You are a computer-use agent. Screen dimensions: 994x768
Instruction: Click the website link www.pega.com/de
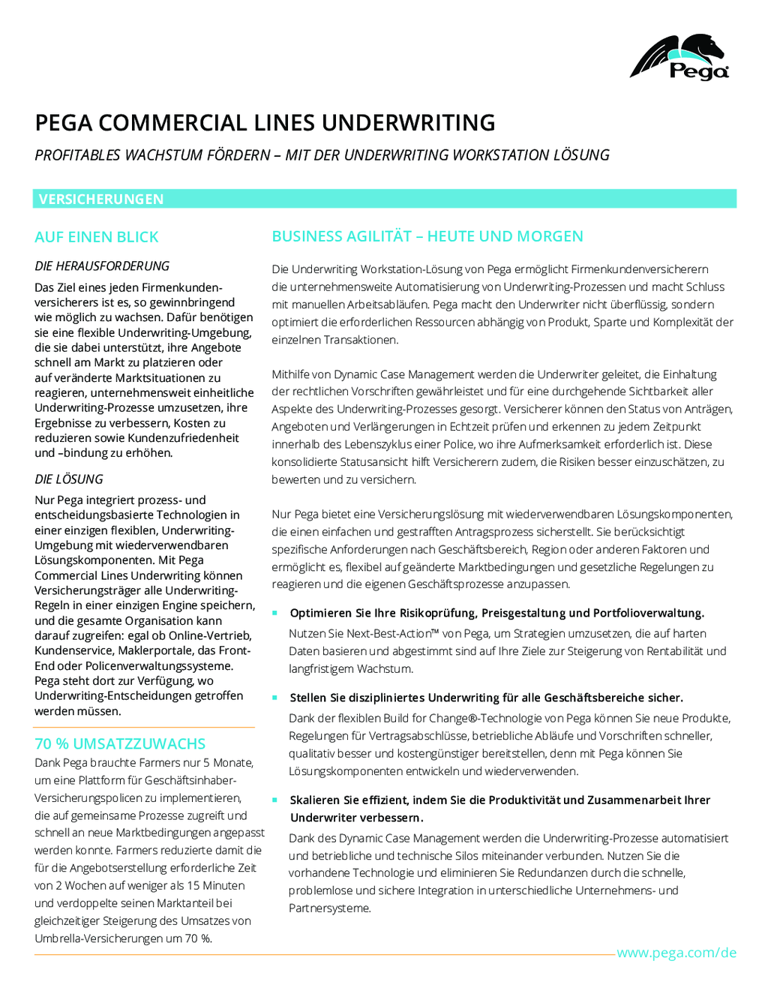[676, 953]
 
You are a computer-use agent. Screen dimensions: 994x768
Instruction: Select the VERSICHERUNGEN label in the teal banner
[101, 199]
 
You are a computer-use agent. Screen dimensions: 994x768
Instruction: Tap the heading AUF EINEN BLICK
[97, 237]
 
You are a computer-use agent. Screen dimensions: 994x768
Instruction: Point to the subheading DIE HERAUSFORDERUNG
[102, 266]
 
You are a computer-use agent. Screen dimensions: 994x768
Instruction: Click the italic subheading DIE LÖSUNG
[69, 479]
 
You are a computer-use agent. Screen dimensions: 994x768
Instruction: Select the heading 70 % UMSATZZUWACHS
[120, 743]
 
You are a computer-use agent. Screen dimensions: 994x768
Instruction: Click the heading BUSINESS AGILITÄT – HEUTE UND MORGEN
[427, 236]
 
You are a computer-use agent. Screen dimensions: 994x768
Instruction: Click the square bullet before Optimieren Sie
[275, 613]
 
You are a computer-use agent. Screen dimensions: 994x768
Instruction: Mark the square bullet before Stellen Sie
[275, 698]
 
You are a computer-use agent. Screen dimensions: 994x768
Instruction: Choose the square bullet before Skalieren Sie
[275, 800]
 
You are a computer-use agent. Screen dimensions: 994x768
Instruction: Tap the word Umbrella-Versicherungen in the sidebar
[99, 938]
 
